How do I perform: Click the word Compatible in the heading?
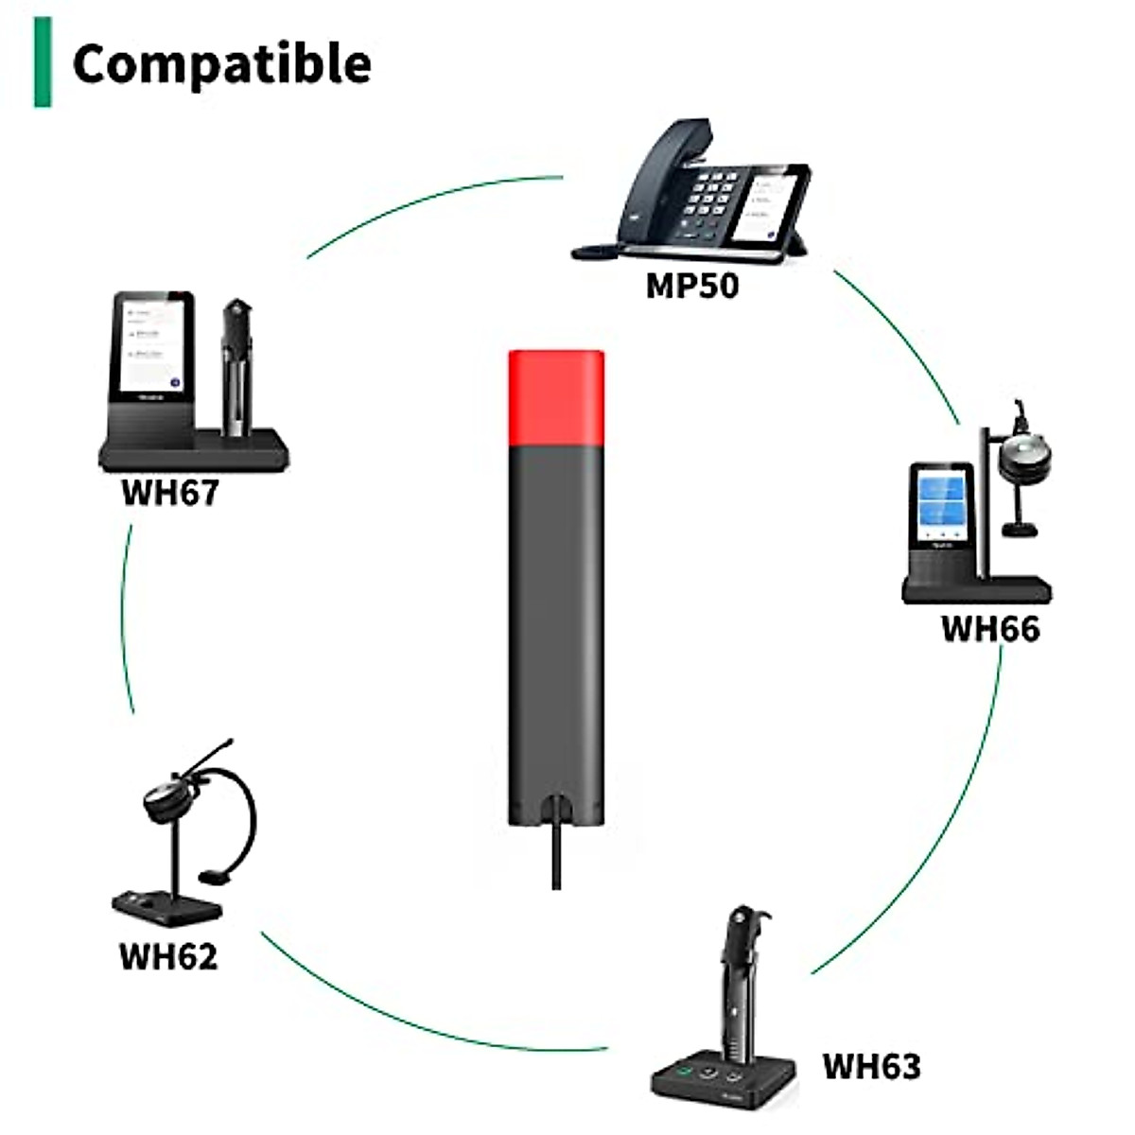click(221, 64)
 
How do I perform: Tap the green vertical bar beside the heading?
click(43, 62)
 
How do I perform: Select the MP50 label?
click(691, 285)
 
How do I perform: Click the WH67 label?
click(170, 493)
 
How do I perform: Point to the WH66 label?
click(989, 629)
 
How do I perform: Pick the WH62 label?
click(168, 956)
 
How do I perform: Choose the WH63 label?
click(871, 1066)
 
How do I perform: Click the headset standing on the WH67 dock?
click(236, 369)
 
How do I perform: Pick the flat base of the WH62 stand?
click(166, 906)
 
